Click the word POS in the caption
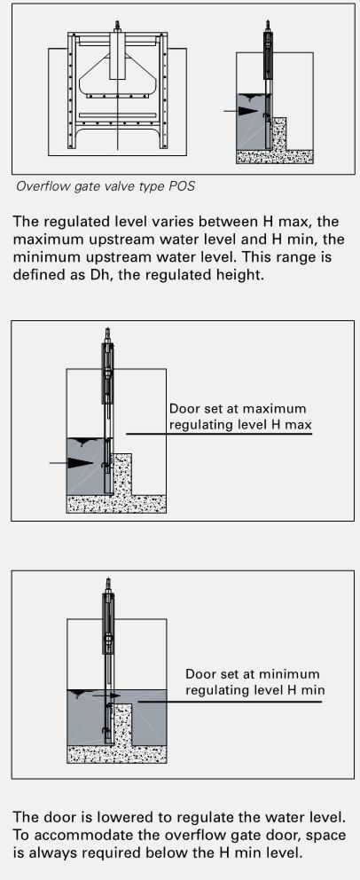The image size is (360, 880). click(x=182, y=186)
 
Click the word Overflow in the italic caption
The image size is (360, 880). click(x=38, y=186)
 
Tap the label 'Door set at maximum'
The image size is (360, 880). click(x=238, y=409)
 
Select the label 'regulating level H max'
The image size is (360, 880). click(x=240, y=424)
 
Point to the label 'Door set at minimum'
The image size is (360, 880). click(x=253, y=673)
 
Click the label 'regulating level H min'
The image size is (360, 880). click(x=255, y=690)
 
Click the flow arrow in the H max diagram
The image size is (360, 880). click(x=71, y=462)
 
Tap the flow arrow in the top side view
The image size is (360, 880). click(x=240, y=111)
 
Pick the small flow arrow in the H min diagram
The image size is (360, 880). click(x=106, y=695)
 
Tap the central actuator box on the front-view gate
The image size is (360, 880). click(x=118, y=56)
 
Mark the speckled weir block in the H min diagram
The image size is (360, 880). click(x=122, y=725)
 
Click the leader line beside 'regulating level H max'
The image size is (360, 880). click(x=219, y=434)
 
